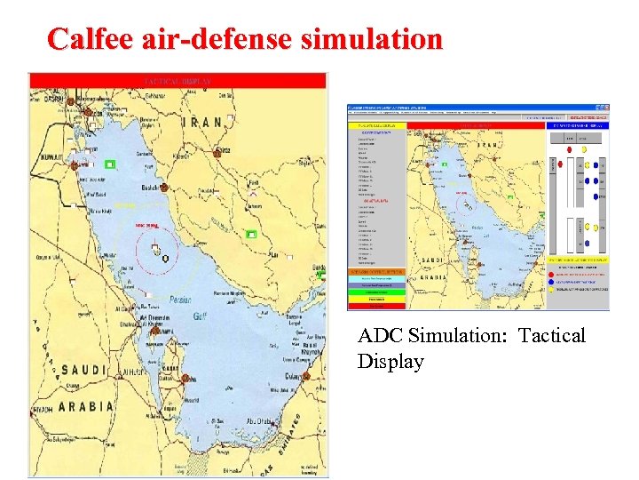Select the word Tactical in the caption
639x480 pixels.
click(553, 337)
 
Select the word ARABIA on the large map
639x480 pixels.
click(85, 407)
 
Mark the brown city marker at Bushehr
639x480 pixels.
click(163, 188)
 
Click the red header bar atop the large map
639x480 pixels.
click(177, 81)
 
